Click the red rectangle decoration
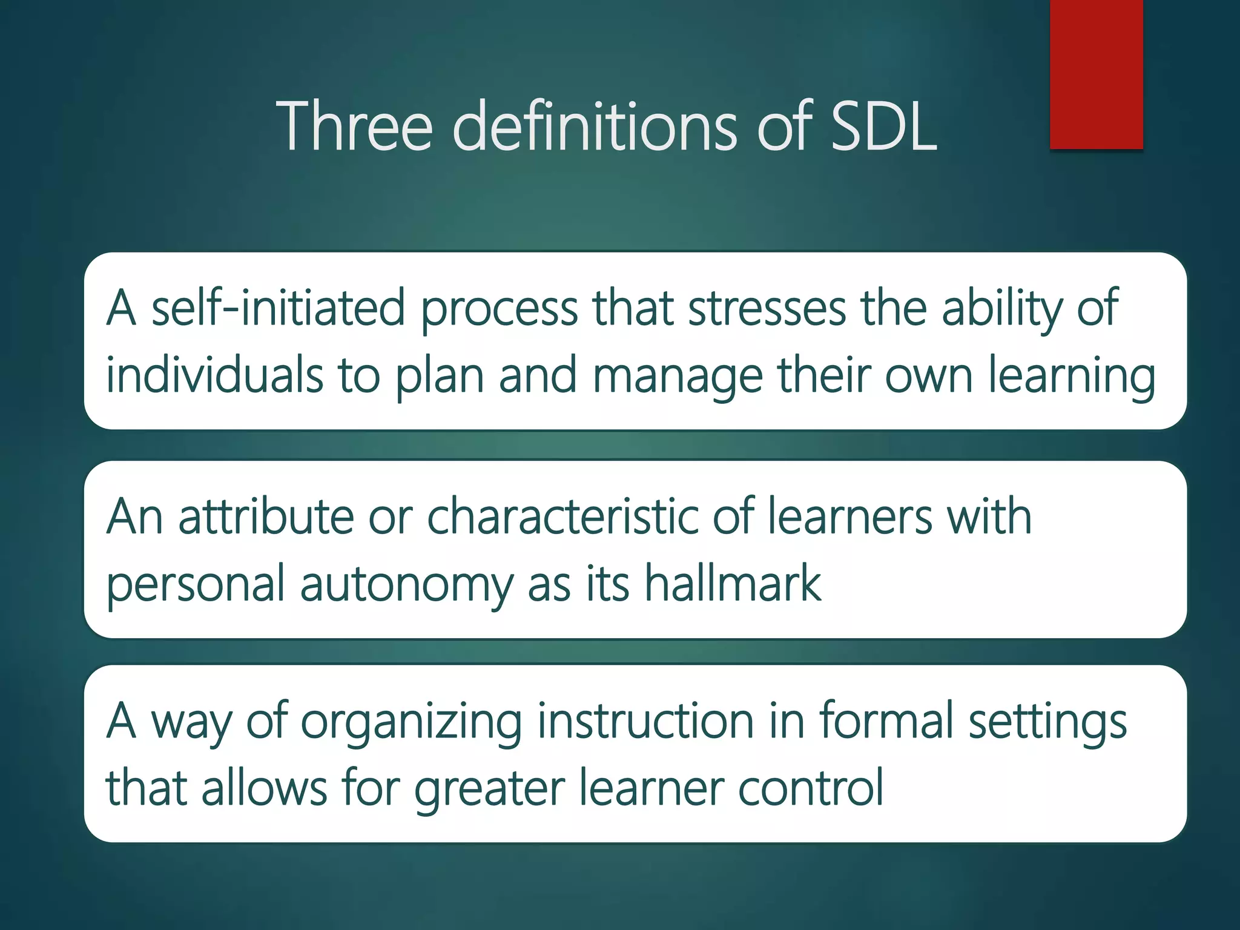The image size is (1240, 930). click(1096, 74)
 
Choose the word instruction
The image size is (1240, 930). click(645, 721)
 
